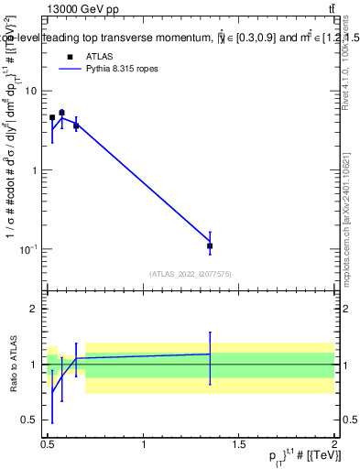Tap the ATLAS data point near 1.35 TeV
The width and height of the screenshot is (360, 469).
point(210,245)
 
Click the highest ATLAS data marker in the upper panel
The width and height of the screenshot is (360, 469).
point(61,113)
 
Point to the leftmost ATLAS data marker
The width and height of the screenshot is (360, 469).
point(52,117)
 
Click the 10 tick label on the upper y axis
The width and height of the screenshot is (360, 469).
point(31,91)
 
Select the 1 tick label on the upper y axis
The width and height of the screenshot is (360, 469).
point(34,170)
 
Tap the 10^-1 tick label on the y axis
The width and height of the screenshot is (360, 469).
point(29,249)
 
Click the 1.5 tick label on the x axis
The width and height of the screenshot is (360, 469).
point(239,443)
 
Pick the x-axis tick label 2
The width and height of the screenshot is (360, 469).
point(334,443)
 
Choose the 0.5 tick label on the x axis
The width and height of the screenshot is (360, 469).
point(48,443)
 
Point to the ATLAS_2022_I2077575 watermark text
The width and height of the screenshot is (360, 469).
point(190,273)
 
